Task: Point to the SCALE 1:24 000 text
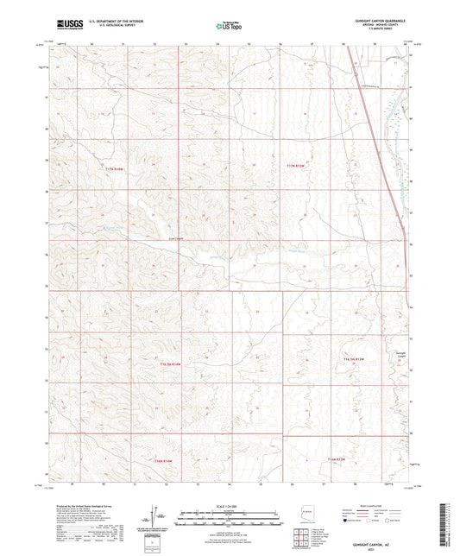point(230,505)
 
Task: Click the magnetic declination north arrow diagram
point(153,518)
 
